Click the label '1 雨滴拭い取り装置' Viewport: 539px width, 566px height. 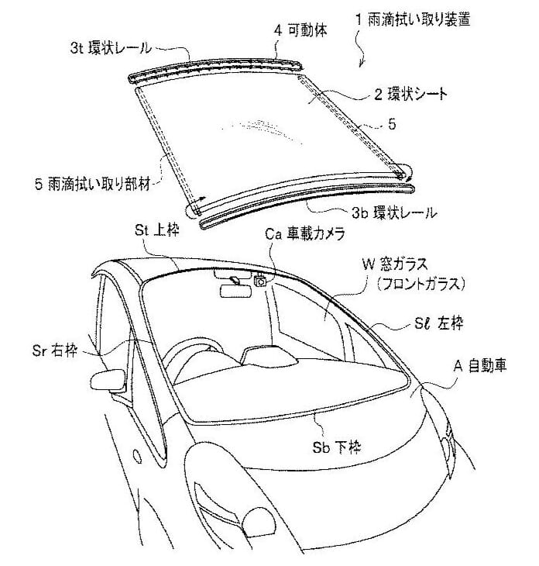(x=413, y=19)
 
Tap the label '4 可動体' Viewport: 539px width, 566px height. (x=300, y=30)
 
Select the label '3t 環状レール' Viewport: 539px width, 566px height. (x=111, y=47)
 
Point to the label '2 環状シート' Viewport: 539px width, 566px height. (x=410, y=95)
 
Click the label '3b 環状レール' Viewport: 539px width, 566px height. (x=394, y=212)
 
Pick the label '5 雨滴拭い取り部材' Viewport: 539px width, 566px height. (x=92, y=184)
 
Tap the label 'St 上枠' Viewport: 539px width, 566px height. (x=157, y=230)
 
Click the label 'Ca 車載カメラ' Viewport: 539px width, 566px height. (x=305, y=233)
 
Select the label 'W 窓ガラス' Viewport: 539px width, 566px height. (x=395, y=264)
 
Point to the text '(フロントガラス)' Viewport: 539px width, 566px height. (x=421, y=284)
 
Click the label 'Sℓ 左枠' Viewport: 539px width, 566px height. (x=438, y=323)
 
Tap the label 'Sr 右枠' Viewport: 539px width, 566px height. (x=55, y=350)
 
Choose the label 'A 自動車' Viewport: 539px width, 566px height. (x=480, y=366)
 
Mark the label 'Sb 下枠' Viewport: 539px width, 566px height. (x=337, y=447)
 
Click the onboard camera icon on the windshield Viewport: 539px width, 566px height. (x=260, y=280)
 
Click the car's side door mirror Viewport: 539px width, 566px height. (x=108, y=380)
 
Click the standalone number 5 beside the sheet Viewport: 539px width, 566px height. (x=392, y=125)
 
